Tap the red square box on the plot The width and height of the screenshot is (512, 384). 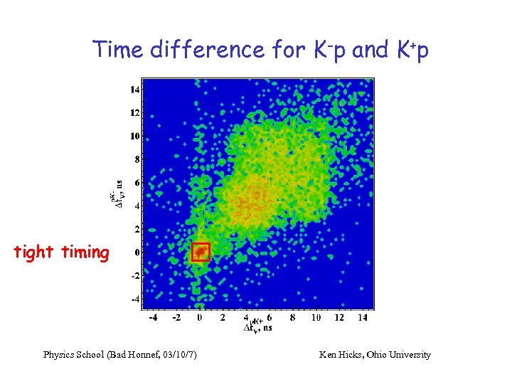[x=201, y=252]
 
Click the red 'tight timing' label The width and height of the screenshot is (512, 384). [x=62, y=252]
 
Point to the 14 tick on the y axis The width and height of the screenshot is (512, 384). [x=134, y=90]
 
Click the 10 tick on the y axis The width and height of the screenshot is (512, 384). [x=134, y=136]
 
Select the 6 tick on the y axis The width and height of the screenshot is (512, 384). [x=137, y=182]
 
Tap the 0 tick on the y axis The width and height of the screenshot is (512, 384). [x=137, y=252]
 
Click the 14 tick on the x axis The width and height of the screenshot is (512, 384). [x=362, y=317]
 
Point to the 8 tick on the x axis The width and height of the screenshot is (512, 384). [x=292, y=317]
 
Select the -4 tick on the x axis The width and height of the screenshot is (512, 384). [x=152, y=317]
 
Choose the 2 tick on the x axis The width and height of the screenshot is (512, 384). [x=223, y=317]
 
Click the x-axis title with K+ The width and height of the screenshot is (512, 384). [x=257, y=325]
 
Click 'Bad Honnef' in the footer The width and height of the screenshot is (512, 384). [x=134, y=354]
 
